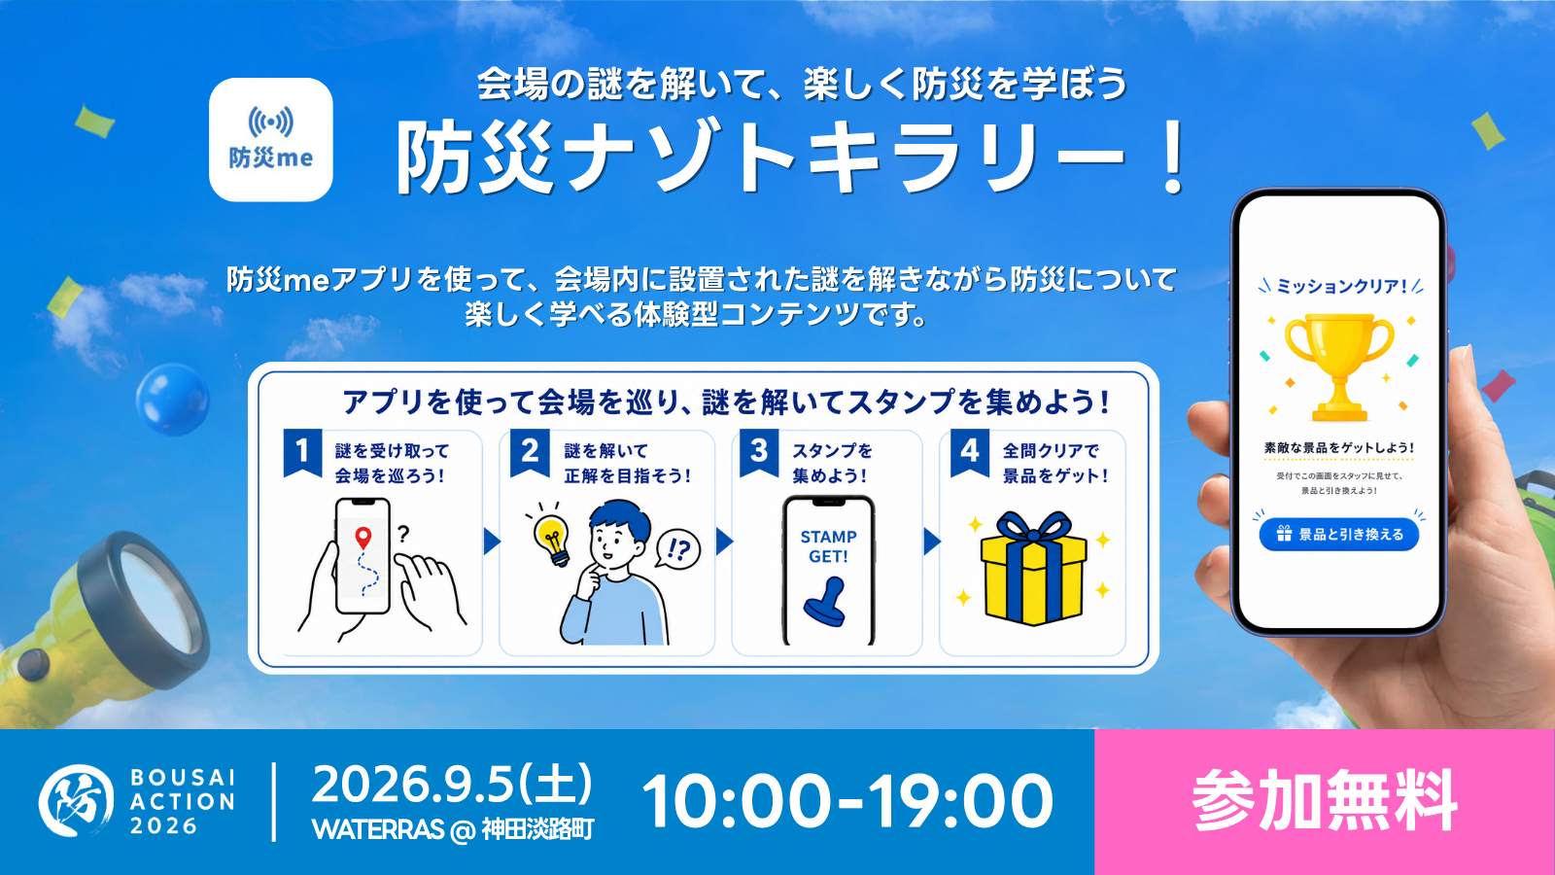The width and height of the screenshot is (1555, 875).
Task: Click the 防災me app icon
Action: pos(271,140)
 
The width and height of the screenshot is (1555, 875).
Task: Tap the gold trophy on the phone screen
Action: pos(1339,367)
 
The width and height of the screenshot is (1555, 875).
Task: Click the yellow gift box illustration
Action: pos(1034,568)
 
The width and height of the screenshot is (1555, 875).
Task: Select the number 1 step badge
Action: pos(302,452)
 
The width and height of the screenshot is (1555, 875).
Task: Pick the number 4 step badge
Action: pos(970,452)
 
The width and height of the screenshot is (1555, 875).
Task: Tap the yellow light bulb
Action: pos(553,539)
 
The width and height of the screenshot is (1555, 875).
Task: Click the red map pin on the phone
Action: pos(363,538)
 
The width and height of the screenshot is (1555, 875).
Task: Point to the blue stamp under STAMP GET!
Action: pos(826,602)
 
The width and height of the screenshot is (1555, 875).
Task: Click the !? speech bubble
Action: pos(677,550)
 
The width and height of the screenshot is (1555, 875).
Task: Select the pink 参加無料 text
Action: pos(1325,801)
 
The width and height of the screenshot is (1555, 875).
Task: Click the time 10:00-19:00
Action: pos(847,801)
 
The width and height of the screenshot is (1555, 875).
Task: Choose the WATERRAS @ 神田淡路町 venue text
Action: pos(453,829)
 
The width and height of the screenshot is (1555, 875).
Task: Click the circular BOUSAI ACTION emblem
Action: pos(76,801)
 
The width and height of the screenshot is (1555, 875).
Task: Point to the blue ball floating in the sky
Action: pos(173,400)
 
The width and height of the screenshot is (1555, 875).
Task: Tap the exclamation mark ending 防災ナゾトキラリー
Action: pos(1174,157)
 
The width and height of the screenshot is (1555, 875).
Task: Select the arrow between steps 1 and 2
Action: pos(492,542)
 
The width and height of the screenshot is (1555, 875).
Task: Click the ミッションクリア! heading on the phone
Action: pos(1341,286)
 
